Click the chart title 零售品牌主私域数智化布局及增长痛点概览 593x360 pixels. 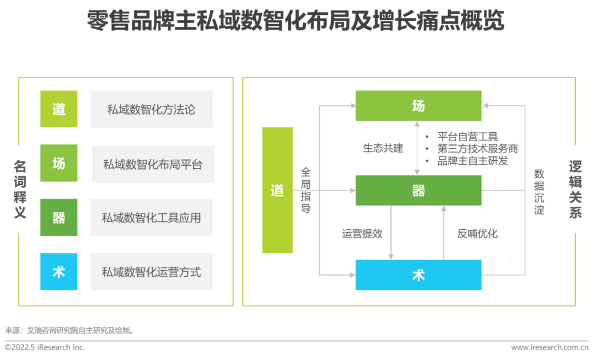(x=295, y=20)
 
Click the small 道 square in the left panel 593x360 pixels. (x=59, y=109)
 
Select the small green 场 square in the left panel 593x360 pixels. (x=59, y=163)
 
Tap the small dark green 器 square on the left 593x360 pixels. (x=59, y=217)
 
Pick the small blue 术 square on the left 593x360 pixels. (x=59, y=272)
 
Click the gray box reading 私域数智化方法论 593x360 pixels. (x=152, y=109)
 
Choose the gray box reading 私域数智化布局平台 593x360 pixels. (x=153, y=165)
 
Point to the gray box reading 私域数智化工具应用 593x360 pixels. (x=152, y=217)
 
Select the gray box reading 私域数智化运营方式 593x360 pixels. (x=152, y=272)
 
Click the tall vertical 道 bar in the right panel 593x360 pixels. (x=277, y=190)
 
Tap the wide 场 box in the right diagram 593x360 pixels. (x=418, y=106)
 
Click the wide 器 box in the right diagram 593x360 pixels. (x=418, y=190)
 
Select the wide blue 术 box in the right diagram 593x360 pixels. (x=418, y=275)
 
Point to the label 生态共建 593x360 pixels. (x=383, y=148)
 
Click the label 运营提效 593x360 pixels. (x=362, y=234)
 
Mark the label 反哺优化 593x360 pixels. (x=477, y=234)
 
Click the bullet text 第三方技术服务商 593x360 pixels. (x=478, y=149)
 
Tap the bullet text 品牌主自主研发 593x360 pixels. (x=473, y=161)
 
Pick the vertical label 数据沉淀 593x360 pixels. (x=539, y=192)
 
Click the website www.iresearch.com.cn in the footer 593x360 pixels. (x=550, y=347)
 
